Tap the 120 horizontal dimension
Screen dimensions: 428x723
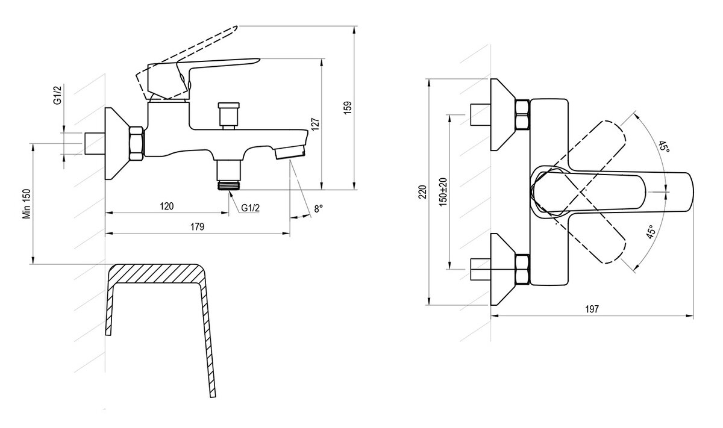tap(167, 206)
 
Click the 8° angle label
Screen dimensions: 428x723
tap(318, 208)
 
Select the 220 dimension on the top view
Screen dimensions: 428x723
tap(422, 192)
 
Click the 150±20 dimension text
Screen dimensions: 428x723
tap(443, 192)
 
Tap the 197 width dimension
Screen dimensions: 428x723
tap(591, 309)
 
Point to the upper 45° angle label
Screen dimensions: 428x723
tap(663, 146)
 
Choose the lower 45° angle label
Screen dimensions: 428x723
tap(651, 233)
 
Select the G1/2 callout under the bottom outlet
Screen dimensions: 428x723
tap(251, 208)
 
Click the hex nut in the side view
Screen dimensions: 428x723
tap(137, 144)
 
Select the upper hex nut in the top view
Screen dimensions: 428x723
tap(522, 114)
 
